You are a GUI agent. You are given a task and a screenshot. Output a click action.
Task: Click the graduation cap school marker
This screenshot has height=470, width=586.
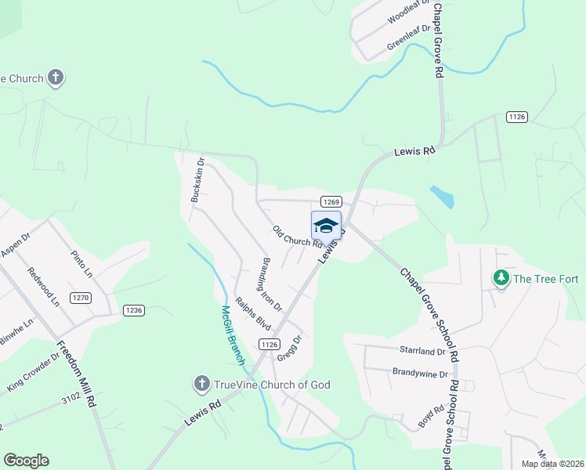coord(326,226)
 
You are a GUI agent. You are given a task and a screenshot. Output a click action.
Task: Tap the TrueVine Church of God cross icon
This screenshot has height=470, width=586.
coord(201,384)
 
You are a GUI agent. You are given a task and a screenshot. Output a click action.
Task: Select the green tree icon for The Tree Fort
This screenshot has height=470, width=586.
coord(501,277)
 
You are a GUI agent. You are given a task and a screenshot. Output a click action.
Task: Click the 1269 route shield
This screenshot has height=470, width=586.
coord(330,201)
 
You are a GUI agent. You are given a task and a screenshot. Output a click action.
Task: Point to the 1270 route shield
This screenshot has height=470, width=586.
coord(81,298)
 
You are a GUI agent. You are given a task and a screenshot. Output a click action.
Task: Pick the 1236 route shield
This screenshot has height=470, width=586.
coord(134,310)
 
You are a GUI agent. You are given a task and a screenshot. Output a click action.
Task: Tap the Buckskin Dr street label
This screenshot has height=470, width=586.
coord(198,181)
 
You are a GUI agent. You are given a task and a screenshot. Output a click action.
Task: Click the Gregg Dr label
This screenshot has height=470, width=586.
coord(289,348)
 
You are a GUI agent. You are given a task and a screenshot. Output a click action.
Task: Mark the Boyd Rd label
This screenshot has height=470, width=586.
coord(431,415)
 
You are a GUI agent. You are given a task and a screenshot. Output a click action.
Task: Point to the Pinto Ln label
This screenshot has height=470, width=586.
coord(81,265)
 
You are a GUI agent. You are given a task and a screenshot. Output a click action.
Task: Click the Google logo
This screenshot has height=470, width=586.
coord(27,461)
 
